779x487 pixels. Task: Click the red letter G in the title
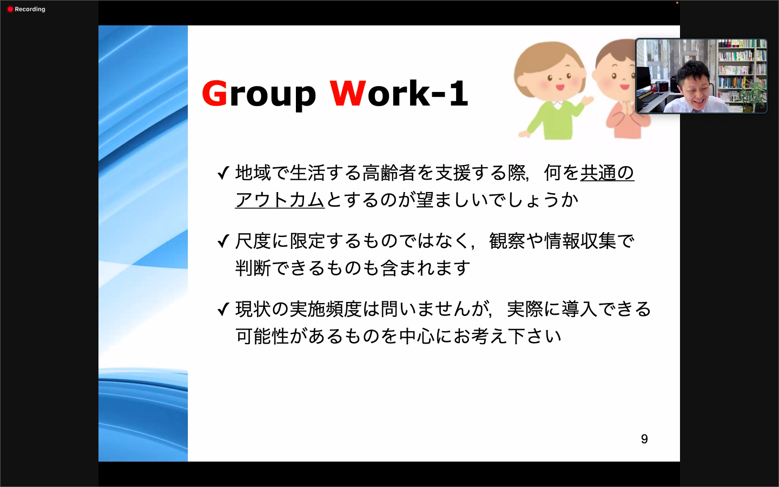215,93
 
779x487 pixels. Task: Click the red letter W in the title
348,93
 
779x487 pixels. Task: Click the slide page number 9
644,439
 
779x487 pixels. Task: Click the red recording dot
10,9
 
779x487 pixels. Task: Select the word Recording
30,9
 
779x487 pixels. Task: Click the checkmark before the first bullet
223,173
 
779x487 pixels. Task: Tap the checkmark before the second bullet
223,241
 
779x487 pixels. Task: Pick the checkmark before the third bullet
223,309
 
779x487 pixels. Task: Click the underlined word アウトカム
280,200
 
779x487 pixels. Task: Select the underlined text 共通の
607,173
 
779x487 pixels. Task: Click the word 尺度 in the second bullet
253,241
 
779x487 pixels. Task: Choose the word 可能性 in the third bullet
262,336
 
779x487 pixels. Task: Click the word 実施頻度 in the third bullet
326,309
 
